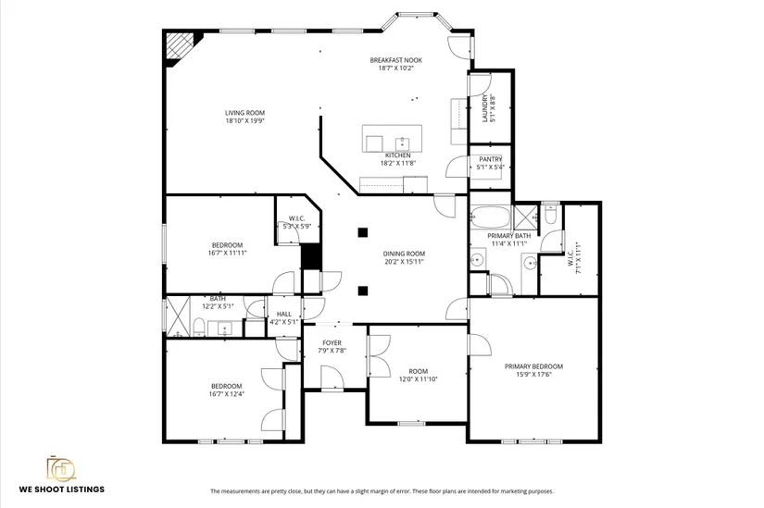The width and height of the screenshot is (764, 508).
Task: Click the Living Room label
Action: (244, 113)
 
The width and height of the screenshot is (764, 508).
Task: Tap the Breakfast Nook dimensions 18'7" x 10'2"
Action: (395, 68)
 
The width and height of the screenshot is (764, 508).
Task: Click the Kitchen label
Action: (398, 155)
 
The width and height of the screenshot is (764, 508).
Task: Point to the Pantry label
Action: (490, 159)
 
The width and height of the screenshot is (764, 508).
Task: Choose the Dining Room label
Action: (404, 254)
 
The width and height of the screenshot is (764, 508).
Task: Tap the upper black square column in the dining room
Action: (362, 232)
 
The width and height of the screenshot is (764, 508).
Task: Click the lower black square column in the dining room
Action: (362, 291)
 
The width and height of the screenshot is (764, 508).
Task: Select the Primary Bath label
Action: (508, 236)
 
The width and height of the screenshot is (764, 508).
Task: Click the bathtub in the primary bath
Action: (491, 217)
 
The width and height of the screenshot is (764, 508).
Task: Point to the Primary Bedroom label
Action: (534, 366)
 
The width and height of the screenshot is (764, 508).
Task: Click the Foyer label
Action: (332, 343)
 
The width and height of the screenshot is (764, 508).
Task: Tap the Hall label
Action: (284, 315)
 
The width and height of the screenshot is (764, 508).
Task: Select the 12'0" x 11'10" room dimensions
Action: (418, 379)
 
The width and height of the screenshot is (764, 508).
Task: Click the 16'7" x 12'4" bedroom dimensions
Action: (227, 394)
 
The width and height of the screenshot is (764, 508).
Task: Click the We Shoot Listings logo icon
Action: (61, 468)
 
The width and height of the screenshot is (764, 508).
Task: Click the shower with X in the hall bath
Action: (178, 316)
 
